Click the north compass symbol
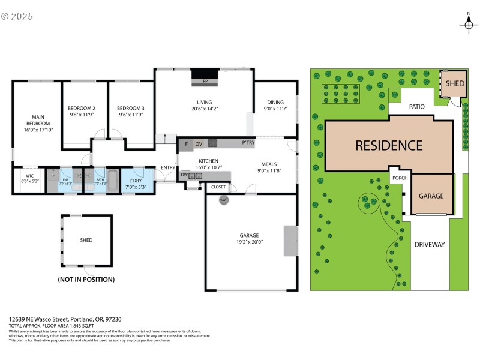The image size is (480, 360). point(469,23)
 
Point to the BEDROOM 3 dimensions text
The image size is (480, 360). point(131,115)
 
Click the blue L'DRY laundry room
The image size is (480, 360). point(136,184)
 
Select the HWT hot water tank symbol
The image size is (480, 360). point(223,200)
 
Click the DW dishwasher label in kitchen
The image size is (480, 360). point(185,175)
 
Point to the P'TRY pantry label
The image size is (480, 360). point(248,143)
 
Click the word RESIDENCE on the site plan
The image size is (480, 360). point(389,145)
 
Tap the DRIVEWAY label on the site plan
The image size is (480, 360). point(430,245)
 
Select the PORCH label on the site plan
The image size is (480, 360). point(400,178)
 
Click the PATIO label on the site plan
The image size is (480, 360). point(417,107)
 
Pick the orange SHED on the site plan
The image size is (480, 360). point(454,83)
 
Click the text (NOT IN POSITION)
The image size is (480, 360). point(86,280)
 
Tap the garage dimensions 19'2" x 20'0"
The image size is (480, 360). point(251,242)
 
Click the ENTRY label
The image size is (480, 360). point(168,168)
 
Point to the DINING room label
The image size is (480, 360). point(275,102)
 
